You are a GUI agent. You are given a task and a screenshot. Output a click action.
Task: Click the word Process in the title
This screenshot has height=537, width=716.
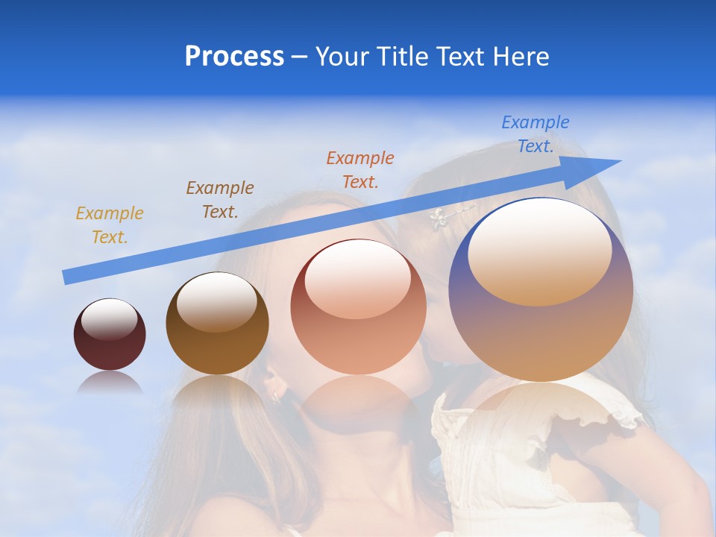234,57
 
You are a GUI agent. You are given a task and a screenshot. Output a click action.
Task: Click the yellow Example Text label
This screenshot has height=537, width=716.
110,225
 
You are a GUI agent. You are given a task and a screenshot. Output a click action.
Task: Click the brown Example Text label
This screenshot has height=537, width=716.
220,199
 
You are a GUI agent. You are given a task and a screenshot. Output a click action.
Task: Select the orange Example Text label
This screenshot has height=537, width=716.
360,169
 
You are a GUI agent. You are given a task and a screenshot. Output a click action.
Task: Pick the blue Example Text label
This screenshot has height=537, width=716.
536,134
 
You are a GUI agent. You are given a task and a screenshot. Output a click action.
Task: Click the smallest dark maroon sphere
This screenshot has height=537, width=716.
110,334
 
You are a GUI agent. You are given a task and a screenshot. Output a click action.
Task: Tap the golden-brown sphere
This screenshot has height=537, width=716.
217,324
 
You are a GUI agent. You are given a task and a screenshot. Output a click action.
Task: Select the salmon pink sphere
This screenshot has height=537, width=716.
358,307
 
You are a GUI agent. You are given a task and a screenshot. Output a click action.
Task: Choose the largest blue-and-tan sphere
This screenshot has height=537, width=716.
541,289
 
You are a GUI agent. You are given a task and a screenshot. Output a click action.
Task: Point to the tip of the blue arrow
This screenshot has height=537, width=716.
619,161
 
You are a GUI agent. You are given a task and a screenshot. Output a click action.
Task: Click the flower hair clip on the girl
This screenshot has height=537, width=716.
439,218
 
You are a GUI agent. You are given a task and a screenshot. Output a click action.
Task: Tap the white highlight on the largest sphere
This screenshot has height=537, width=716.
539,251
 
